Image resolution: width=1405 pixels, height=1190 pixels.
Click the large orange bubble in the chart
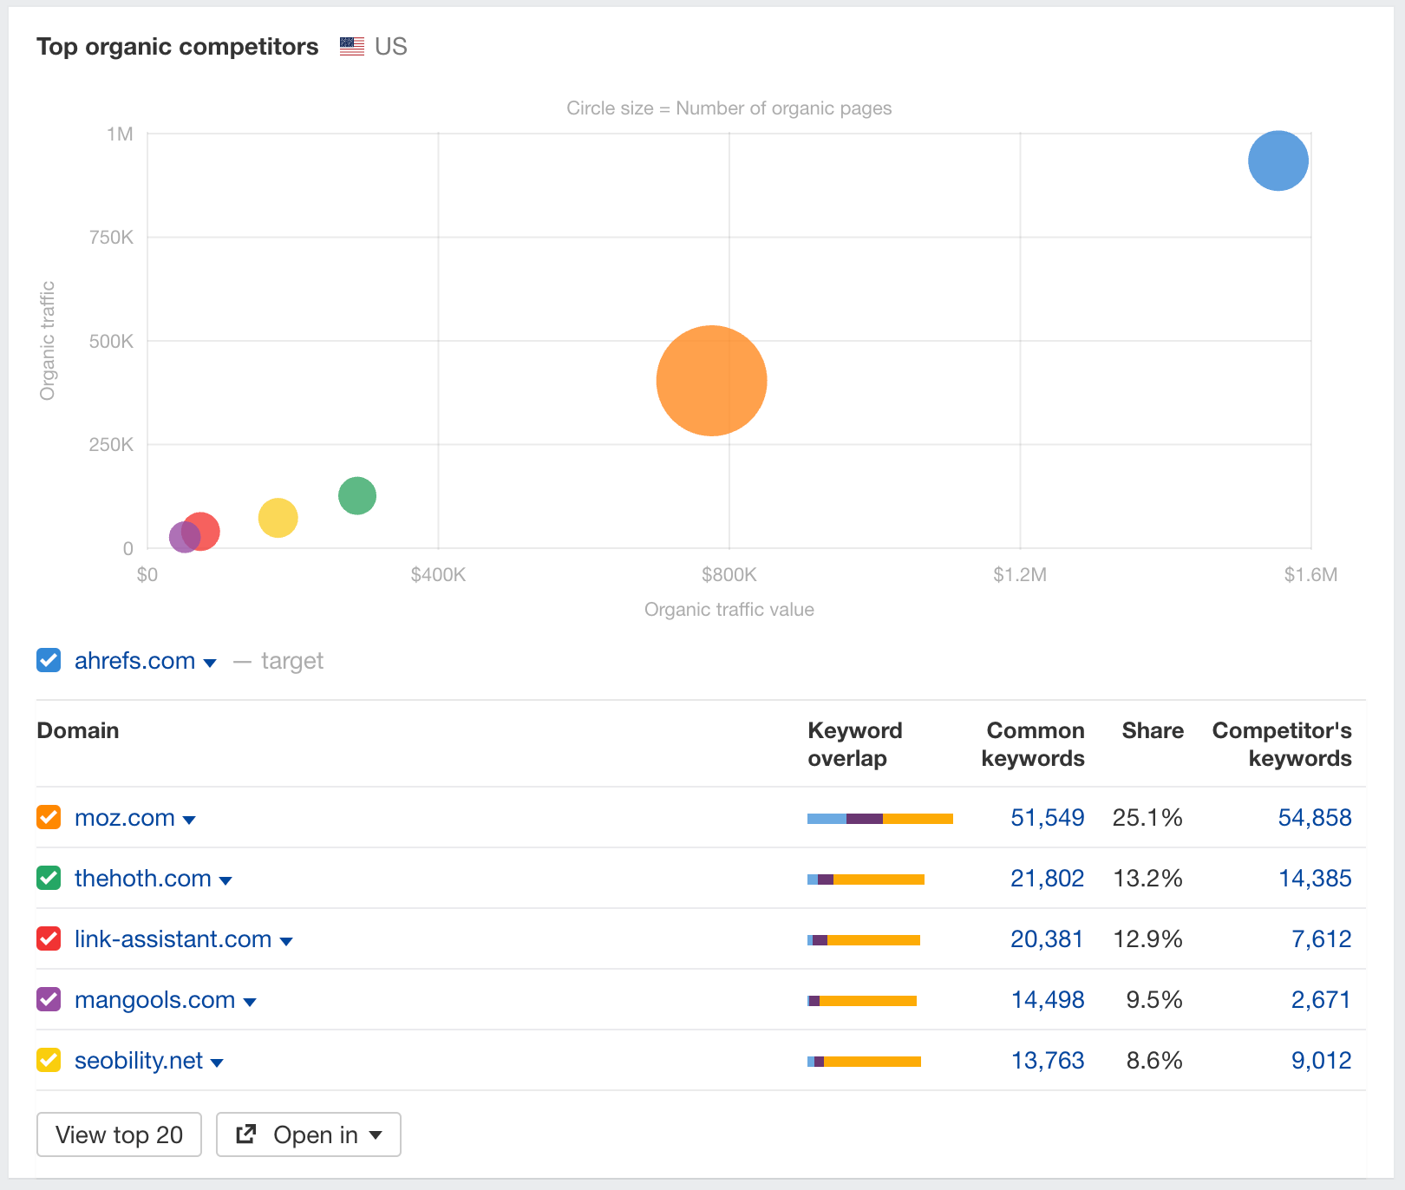711,380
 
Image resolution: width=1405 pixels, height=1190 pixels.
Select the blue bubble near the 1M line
1278,160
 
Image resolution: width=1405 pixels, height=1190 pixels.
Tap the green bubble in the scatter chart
356,495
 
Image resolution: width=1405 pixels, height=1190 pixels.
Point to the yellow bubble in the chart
278,518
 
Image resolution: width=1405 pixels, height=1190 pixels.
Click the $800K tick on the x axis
729,574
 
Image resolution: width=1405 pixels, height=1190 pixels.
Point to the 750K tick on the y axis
111,237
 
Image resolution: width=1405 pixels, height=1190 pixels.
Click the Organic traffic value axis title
729,610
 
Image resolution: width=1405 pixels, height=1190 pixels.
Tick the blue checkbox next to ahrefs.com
49,660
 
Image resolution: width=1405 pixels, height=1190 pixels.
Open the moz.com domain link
125,818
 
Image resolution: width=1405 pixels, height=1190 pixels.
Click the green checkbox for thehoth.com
49,878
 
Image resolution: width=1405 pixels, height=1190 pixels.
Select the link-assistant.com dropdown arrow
286,941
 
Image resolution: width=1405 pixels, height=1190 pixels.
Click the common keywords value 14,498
1047,1000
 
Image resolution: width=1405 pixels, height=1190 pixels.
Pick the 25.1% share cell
1147,818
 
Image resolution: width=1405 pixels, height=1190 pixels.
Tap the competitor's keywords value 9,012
1320,1061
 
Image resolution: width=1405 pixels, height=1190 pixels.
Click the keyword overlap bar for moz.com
879,819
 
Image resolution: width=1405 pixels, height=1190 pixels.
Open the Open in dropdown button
309,1134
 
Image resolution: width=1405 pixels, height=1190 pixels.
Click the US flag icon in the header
351,46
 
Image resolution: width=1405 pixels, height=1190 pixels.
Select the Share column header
1152,730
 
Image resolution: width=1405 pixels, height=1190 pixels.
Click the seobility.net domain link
139,1061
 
